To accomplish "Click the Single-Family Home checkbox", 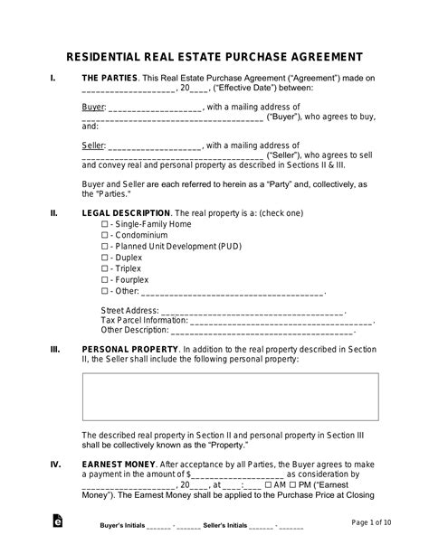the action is pyautogui.click(x=104, y=223).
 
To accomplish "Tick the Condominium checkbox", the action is pyautogui.click(x=104, y=235).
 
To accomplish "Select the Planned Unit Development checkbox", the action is pyautogui.click(x=104, y=246).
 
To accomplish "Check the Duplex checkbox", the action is pyautogui.click(x=104, y=258).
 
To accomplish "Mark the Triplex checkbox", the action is pyautogui.click(x=104, y=268).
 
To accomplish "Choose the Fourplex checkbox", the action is pyautogui.click(x=104, y=280).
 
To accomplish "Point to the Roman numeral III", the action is pyautogui.click(x=55, y=348).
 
